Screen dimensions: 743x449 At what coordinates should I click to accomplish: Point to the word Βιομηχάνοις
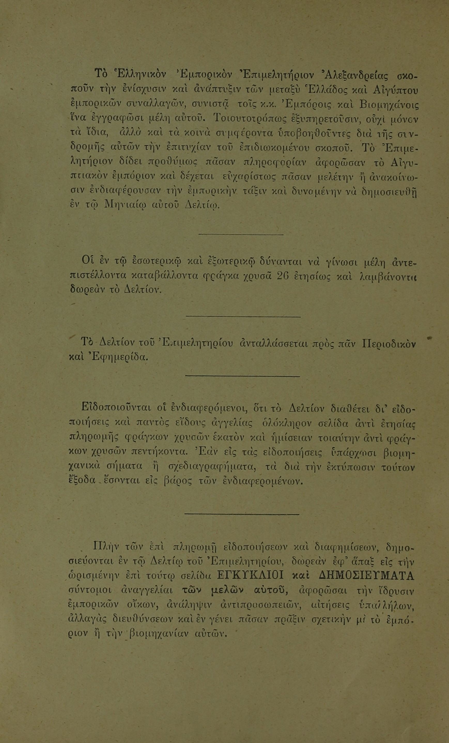(389, 106)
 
